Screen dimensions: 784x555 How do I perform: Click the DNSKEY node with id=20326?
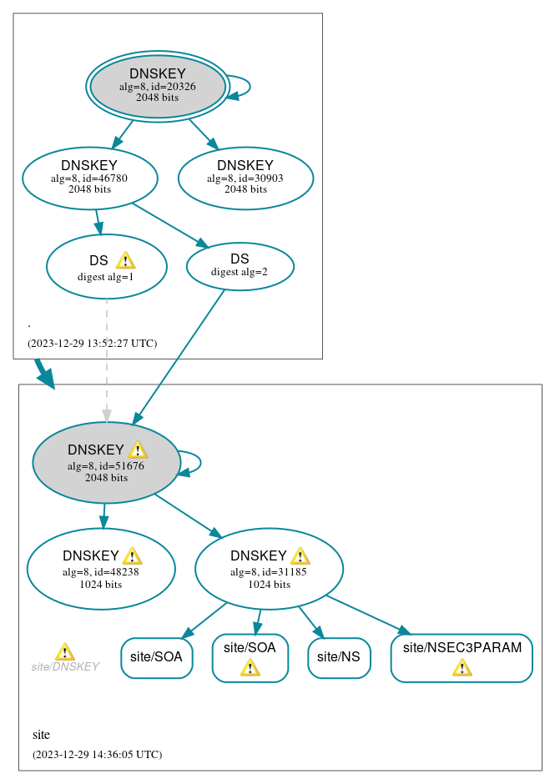pos(157,86)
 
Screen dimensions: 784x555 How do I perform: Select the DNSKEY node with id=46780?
pos(89,178)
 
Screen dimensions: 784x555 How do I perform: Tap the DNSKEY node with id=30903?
pos(245,178)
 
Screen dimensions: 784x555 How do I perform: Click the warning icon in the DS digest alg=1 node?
pos(125,260)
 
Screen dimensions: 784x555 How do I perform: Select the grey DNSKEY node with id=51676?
pos(106,463)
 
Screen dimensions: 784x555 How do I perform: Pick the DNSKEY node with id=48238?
pos(101,569)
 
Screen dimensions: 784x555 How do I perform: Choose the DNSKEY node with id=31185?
pos(269,569)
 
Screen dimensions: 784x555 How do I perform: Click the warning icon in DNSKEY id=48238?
pos(132,556)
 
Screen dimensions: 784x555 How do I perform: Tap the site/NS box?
pos(339,657)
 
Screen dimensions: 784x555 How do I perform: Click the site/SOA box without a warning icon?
pos(156,657)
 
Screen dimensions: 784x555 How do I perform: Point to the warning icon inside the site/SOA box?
pos(250,667)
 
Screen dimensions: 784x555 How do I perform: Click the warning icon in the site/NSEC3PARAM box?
pos(462,667)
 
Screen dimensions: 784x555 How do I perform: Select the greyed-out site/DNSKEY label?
pos(65,666)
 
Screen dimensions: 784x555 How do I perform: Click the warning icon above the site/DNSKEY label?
pos(64,651)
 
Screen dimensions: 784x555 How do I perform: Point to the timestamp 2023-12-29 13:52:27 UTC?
pos(92,344)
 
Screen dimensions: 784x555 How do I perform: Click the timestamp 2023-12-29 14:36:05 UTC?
pos(97,755)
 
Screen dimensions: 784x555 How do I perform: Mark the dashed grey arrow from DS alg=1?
pos(106,359)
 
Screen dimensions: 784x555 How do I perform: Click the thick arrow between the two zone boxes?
pos(44,374)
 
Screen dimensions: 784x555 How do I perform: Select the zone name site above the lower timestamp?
pos(41,735)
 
